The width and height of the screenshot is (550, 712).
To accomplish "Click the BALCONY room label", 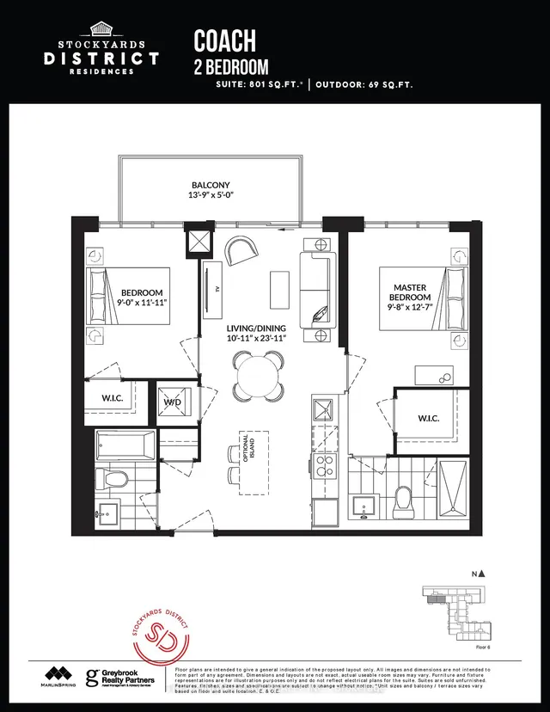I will coord(211,185).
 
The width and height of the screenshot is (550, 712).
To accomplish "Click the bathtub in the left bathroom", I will coord(125,446).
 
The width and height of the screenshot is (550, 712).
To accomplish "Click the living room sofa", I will coord(316,292).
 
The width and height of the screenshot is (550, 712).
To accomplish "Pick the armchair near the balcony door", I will coord(241,251).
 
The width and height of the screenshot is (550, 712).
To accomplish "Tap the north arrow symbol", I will coord(483,574).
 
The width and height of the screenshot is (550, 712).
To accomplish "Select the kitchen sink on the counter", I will coord(326,409).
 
